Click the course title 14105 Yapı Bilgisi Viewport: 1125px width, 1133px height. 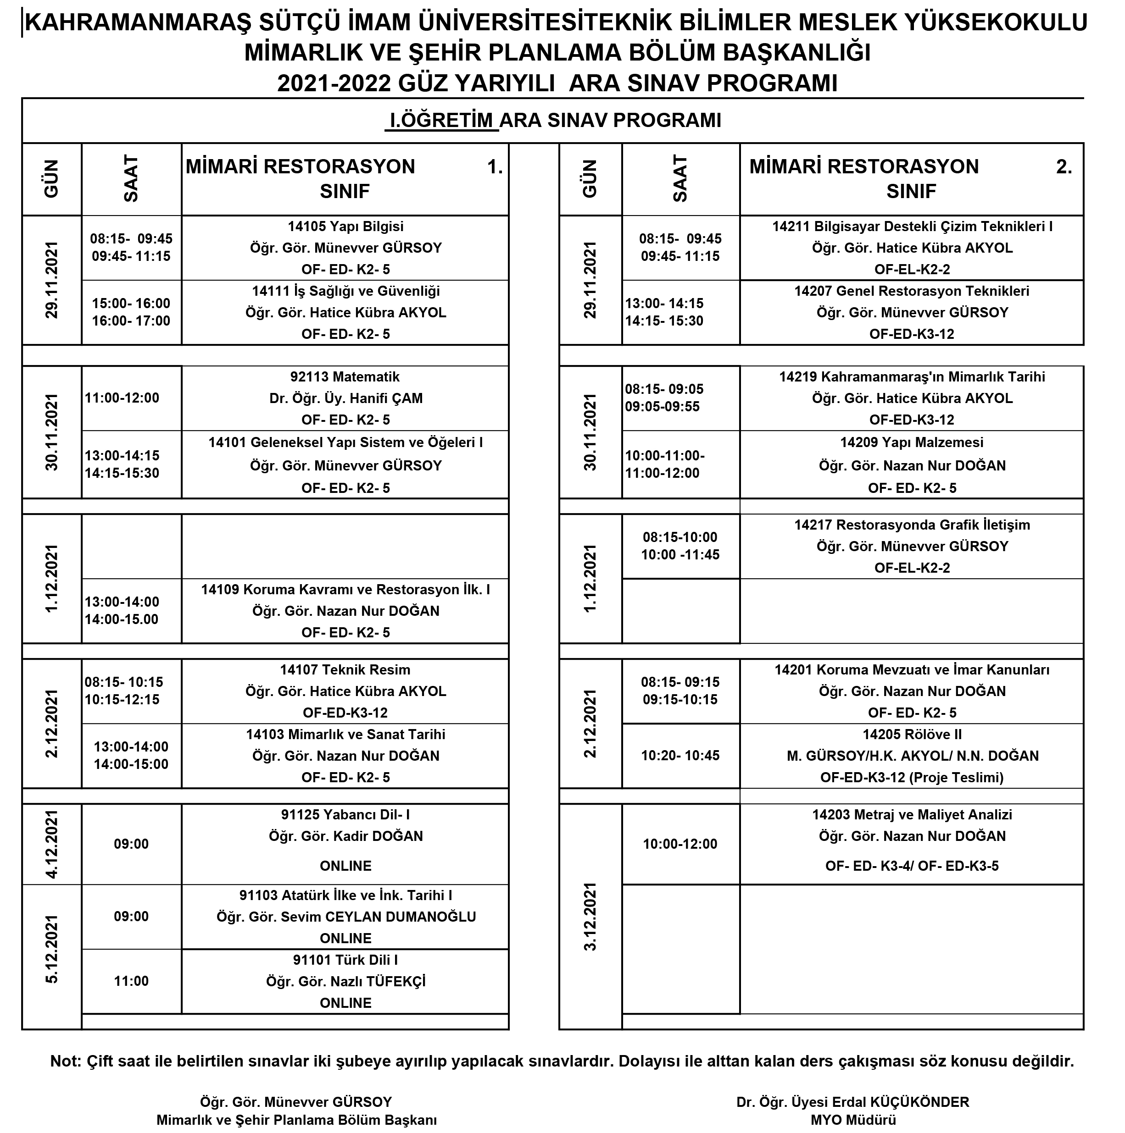coord(345,227)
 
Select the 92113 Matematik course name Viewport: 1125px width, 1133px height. coord(345,377)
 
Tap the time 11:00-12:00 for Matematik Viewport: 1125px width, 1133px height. coord(122,398)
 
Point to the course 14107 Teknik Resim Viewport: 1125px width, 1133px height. coord(345,670)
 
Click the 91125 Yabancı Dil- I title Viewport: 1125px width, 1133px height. coord(345,815)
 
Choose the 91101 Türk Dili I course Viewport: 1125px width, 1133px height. coord(345,960)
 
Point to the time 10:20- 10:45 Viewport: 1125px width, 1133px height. coord(679,756)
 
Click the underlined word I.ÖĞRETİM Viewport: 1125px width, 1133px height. coord(441,120)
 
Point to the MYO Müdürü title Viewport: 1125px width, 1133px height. coord(853,1120)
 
